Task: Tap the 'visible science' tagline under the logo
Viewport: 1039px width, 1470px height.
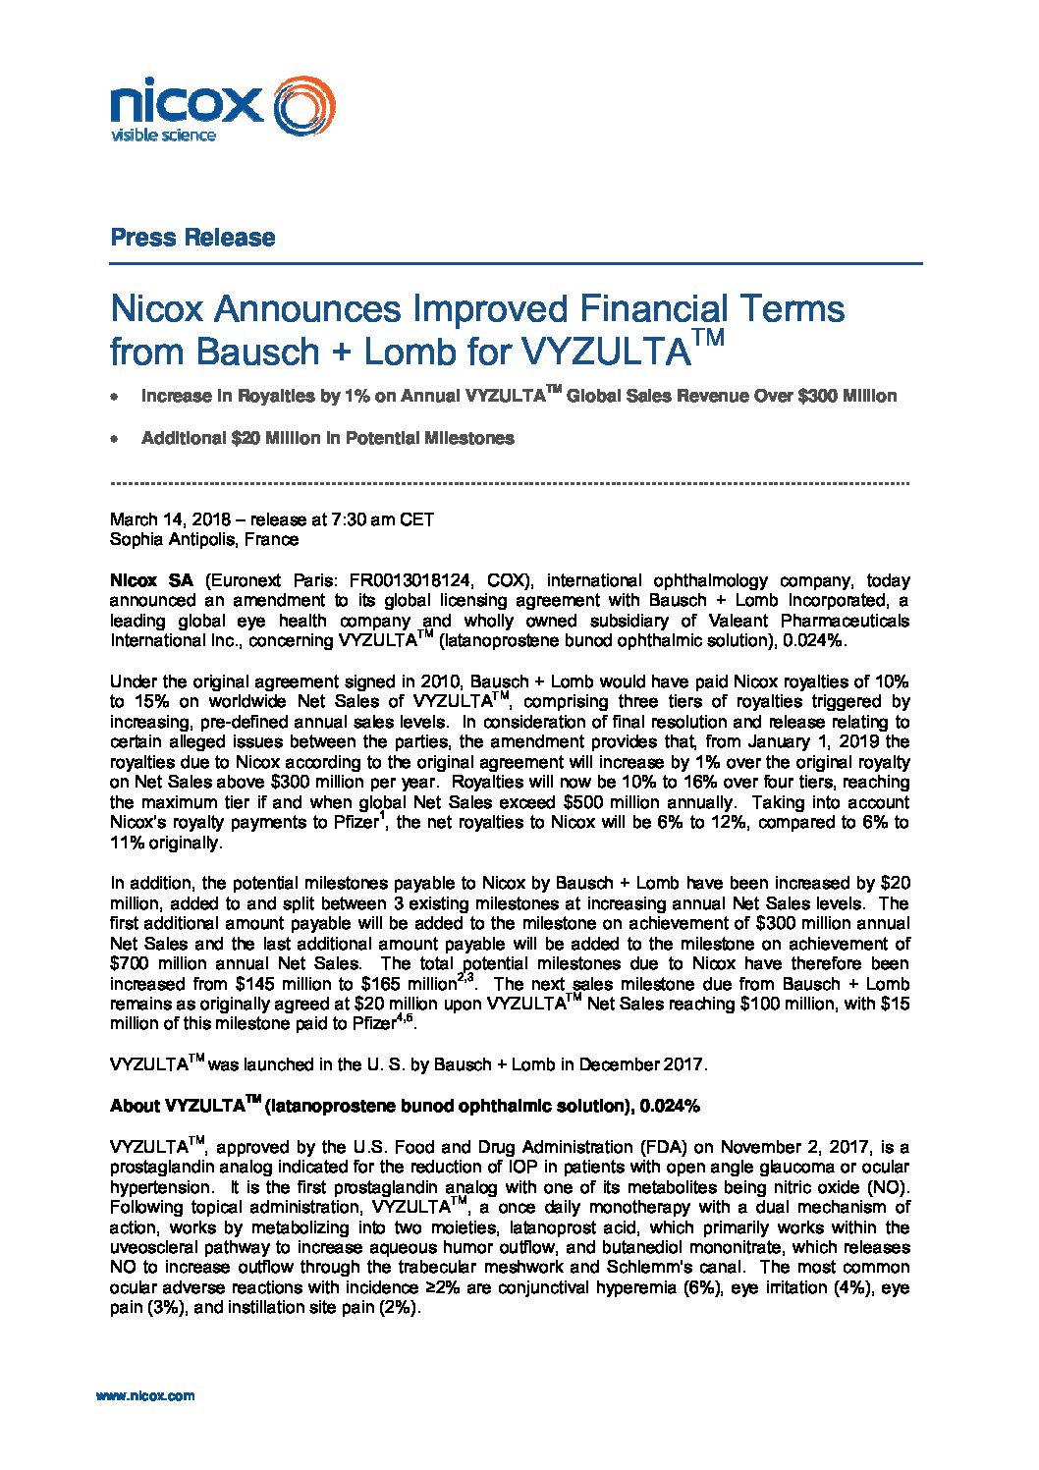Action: (x=163, y=135)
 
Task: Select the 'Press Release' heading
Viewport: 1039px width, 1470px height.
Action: (x=192, y=238)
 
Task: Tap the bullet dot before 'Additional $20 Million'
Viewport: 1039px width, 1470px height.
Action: (x=115, y=439)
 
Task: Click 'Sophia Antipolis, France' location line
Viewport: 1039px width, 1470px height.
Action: (x=204, y=539)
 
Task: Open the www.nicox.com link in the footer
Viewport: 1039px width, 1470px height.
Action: (x=145, y=1395)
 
